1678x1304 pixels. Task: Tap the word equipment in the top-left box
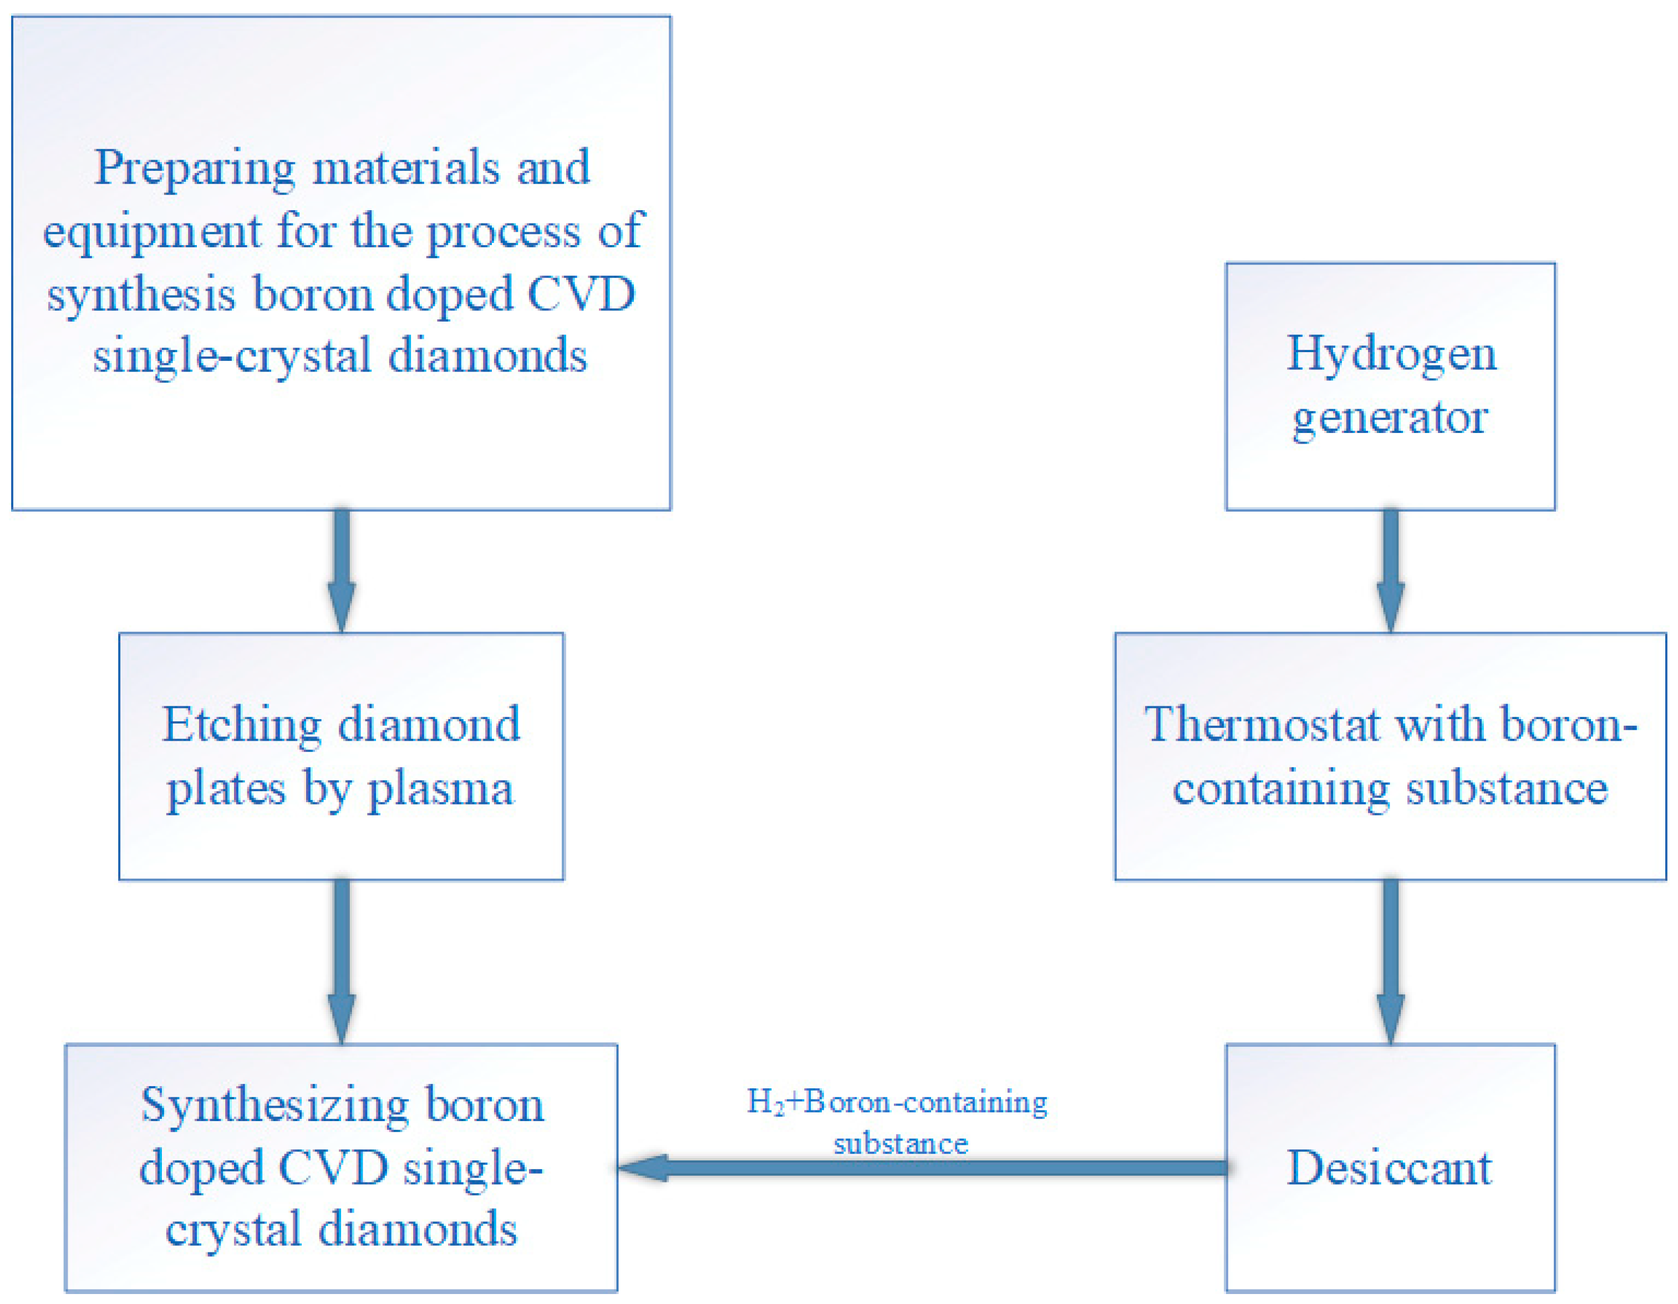(151, 232)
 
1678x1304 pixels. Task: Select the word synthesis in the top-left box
(141, 296)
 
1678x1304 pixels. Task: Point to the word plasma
(440, 789)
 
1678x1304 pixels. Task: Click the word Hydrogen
(1391, 355)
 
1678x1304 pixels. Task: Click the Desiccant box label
(1389, 1169)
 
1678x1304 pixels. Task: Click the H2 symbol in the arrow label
(765, 1103)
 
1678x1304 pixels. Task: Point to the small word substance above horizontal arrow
(901, 1144)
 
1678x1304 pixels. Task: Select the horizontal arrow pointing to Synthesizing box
(922, 1168)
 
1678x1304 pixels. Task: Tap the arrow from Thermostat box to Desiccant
(1391, 960)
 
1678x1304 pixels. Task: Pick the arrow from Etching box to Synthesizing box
(342, 960)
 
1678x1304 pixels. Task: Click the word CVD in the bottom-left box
(333, 1169)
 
